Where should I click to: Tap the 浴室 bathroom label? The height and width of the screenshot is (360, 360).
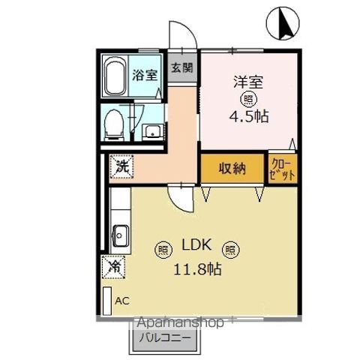[145, 74]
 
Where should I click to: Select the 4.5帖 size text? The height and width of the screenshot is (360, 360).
[245, 116]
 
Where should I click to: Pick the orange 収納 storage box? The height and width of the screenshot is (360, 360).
[232, 169]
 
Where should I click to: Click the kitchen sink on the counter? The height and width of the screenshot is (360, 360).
[118, 238]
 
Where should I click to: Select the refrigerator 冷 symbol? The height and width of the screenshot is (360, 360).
[114, 265]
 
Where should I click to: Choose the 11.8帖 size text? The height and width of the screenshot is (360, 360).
[198, 269]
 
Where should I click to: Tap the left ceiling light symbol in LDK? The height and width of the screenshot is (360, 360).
[163, 249]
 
